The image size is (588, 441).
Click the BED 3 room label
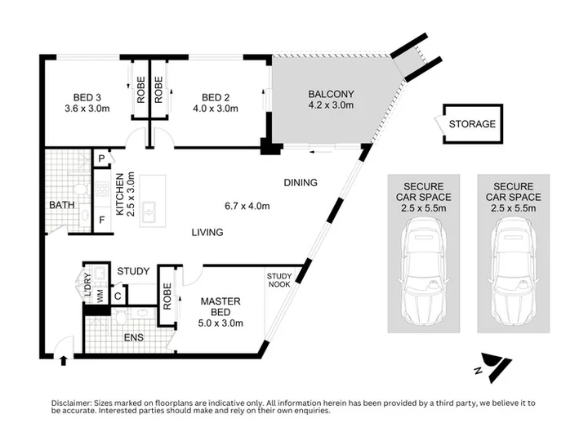coord(87,97)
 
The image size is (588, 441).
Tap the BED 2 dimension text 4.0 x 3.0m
coord(216,109)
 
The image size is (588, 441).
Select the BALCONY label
coord(331,94)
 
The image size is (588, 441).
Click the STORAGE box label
coord(472,124)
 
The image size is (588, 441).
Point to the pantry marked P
coord(101,158)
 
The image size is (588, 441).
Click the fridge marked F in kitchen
coord(102,220)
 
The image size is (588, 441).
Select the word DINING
coord(301,183)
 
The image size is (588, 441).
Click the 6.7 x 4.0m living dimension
coord(247,206)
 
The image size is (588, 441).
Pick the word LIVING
coord(207,233)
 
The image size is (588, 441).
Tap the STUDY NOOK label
coord(279,280)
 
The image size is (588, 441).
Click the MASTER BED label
coord(220,306)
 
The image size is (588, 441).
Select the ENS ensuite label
coord(133,337)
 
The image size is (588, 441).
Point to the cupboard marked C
coord(118,296)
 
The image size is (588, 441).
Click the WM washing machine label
coord(100,297)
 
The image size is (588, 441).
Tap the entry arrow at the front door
coord(64,360)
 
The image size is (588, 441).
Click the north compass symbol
coord(493,367)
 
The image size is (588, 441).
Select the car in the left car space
coord(424,273)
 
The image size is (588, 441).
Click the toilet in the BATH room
coord(80,189)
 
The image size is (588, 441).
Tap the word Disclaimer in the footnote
coord(71,403)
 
